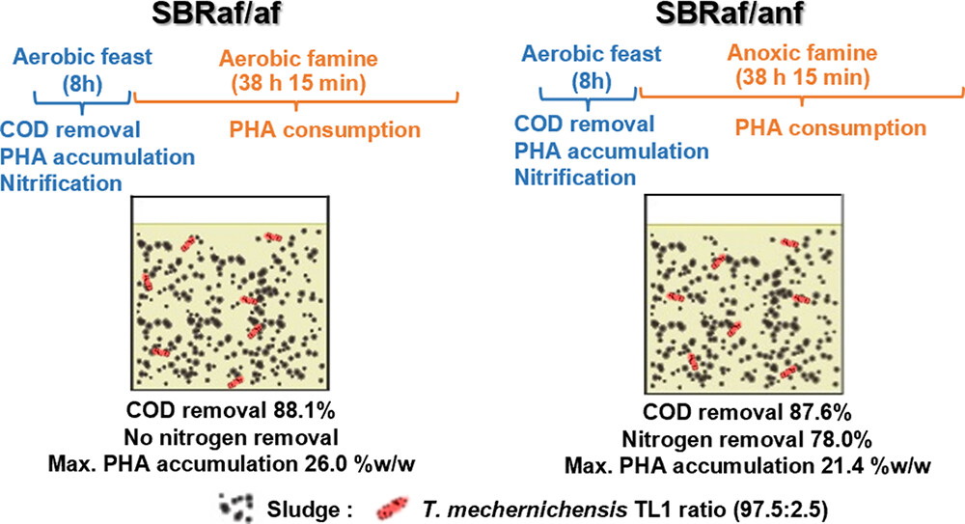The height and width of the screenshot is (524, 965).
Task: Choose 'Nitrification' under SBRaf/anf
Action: pos(575,177)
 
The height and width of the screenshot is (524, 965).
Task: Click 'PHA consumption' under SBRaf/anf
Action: pos(833,125)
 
